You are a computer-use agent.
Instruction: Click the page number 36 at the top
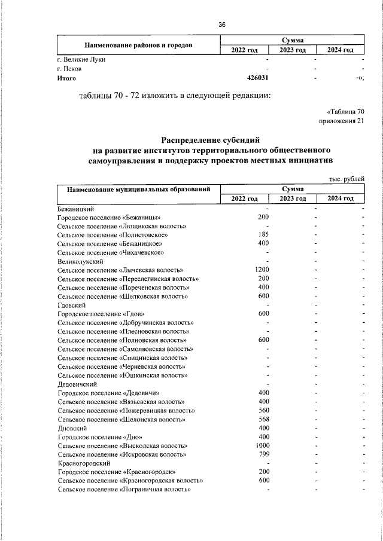pos(222,25)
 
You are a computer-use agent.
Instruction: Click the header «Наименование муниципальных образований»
pos(138,189)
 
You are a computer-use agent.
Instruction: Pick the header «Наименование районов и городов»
pos(138,45)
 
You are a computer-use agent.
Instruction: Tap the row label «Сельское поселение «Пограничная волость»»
pos(124,490)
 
